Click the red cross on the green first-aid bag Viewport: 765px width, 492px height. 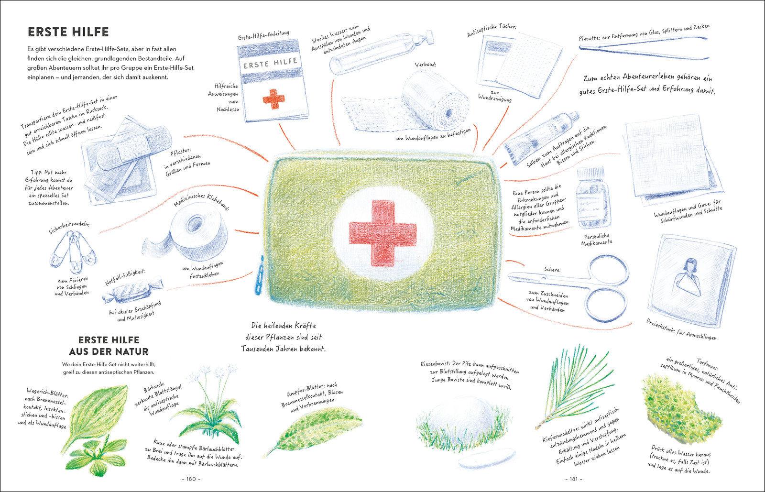pyautogui.click(x=382, y=233)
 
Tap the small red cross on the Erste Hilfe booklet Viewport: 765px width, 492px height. pyautogui.click(x=273, y=99)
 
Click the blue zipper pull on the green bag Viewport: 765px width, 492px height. pyautogui.click(x=259, y=275)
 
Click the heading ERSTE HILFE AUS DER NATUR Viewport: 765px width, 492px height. pyautogui.click(x=109, y=346)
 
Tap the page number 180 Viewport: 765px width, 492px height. pyautogui.click(x=191, y=479)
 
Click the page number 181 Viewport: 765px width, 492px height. pyautogui.click(x=574, y=479)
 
